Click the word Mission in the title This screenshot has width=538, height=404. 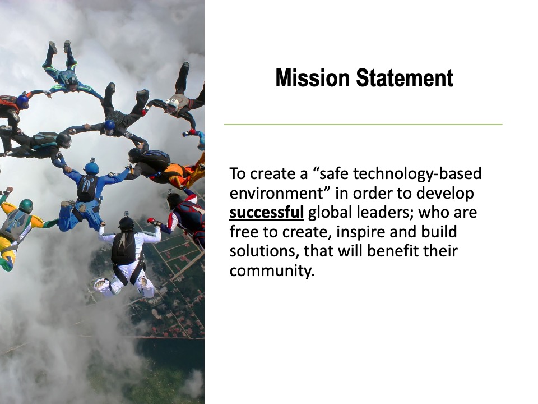[x=312, y=78]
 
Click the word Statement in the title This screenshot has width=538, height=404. [x=405, y=78]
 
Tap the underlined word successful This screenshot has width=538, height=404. [x=267, y=212]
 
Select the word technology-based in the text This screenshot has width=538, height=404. [x=417, y=173]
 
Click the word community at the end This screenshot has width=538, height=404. [x=272, y=270]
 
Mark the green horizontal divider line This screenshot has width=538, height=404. [x=363, y=125]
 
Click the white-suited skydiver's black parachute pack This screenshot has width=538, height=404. [x=123, y=247]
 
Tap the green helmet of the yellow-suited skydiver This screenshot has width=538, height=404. [x=26, y=206]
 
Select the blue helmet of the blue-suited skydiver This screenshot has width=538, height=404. [x=91, y=168]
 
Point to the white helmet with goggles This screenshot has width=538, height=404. [x=171, y=104]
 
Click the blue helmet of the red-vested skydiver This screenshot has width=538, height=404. [x=22, y=102]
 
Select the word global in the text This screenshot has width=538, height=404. [x=331, y=212]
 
